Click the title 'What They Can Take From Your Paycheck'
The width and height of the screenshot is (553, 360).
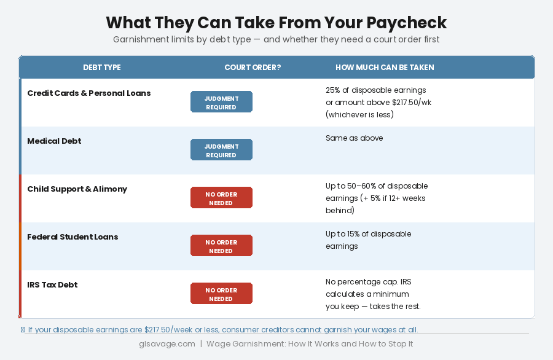[276, 23]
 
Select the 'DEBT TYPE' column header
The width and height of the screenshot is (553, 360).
[102, 68]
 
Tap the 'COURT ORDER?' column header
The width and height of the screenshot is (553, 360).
[253, 68]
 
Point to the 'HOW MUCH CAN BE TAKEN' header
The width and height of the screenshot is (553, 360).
[385, 68]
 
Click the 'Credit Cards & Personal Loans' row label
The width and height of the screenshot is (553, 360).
[89, 93]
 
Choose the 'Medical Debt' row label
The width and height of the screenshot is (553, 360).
[54, 141]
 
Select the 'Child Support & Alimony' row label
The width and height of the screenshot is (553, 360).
[77, 189]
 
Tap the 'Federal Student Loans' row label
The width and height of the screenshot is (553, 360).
[73, 237]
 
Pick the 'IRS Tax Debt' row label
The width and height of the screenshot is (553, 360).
[52, 285]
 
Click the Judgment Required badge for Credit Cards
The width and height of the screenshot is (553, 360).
[221, 102]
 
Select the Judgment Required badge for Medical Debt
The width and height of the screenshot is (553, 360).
[221, 150]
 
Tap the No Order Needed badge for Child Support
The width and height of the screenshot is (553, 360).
[221, 198]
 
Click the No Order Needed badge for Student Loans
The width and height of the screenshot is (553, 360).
[221, 246]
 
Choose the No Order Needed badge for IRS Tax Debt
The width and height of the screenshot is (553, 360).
[221, 294]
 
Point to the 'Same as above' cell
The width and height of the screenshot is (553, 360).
[354, 138]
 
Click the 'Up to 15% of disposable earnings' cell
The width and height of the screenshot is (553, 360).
[368, 240]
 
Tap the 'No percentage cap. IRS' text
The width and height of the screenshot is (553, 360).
[368, 282]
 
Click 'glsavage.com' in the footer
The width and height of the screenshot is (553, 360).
[167, 344]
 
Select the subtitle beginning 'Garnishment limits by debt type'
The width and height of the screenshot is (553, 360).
[276, 39]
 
